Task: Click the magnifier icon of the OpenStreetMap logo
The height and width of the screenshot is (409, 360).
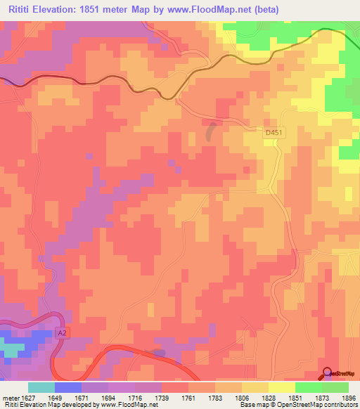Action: point(327,373)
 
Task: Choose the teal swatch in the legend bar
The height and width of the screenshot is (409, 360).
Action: point(41,387)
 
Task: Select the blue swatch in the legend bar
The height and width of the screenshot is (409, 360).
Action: point(68,387)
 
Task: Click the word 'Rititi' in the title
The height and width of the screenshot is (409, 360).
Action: point(22,9)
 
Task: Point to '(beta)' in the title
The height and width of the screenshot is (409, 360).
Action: point(266,9)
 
